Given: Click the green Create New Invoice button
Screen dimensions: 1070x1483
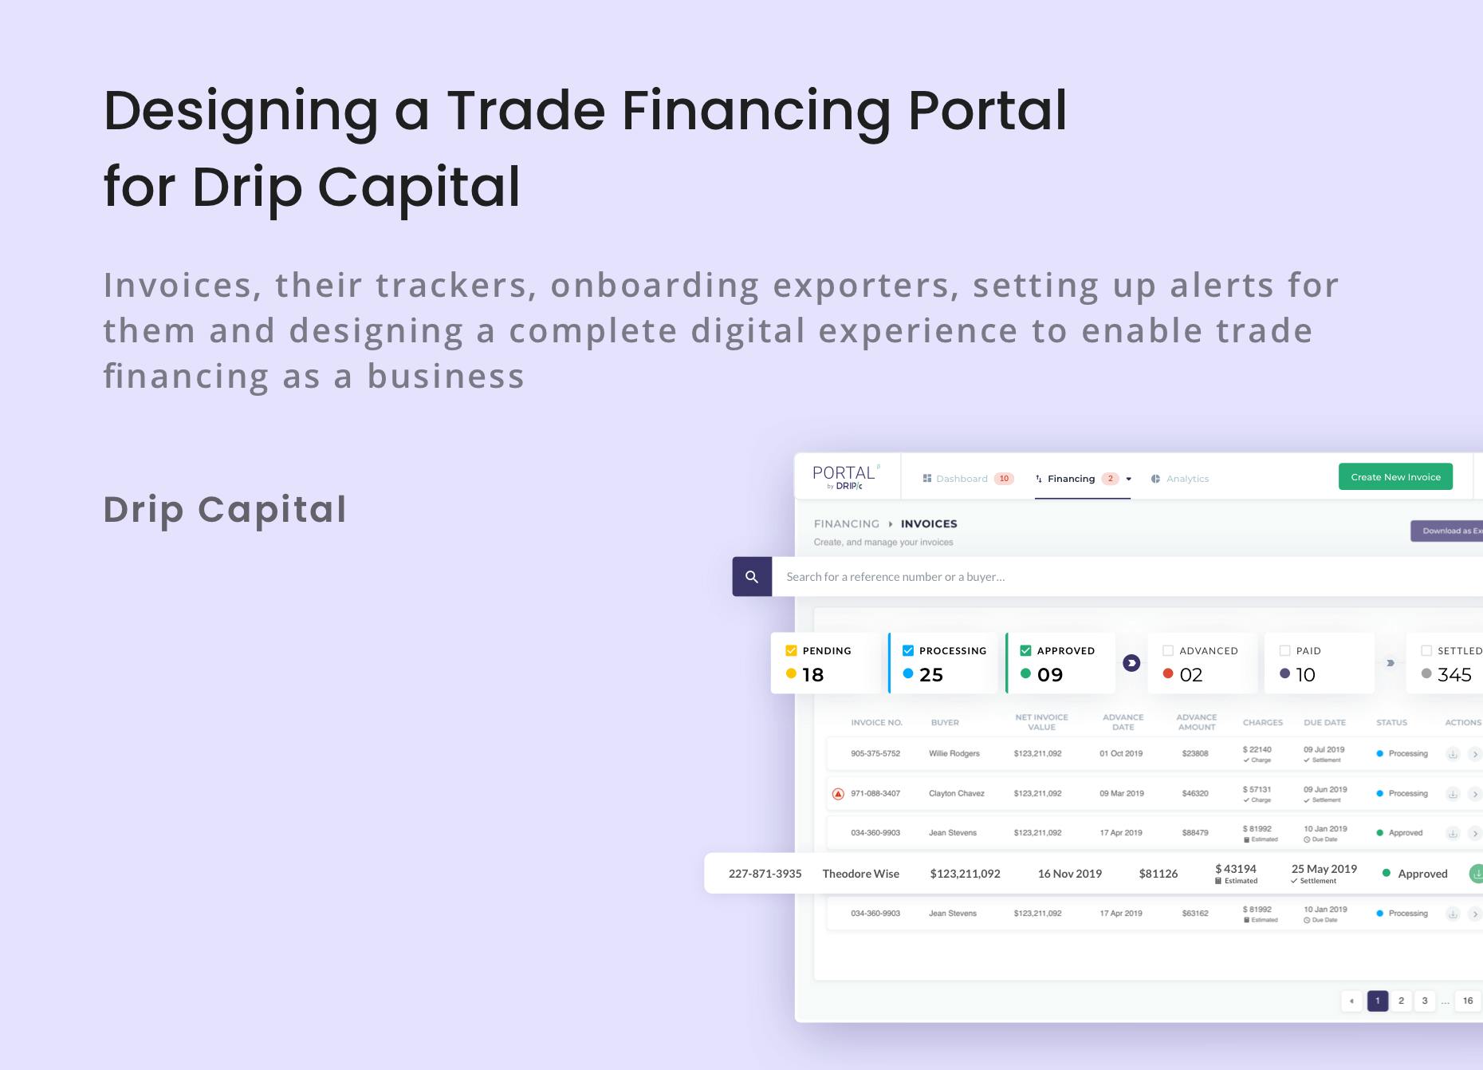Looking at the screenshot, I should pos(1395,477).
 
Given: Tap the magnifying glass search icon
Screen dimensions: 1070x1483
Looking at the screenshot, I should pos(751,577).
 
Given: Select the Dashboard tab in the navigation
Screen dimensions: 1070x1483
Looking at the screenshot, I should pos(961,479).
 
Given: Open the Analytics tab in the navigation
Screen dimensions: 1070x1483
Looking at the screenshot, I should pos(1186,479).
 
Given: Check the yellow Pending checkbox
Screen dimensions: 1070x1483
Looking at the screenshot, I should pos(791,650).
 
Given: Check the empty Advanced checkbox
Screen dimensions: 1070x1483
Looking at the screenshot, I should pos(1168,650).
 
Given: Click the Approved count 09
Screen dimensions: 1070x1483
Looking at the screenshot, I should pos(1049,675).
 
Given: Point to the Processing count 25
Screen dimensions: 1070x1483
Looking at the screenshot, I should pos(930,675).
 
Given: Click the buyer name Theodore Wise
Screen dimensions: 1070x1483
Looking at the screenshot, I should pos(860,874).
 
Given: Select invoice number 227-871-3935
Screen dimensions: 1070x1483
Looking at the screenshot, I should pos(765,874).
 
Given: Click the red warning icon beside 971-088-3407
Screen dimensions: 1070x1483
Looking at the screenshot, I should pos(838,794).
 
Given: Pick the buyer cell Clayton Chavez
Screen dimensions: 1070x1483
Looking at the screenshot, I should pos(956,793).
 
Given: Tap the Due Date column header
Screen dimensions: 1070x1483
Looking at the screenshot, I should pos(1324,722).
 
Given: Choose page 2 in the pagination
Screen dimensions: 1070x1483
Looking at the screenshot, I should pos(1401,1001).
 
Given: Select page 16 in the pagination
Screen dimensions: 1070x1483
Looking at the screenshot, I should pos(1468,1001).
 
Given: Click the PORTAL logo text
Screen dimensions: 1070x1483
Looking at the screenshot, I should pos(844,472).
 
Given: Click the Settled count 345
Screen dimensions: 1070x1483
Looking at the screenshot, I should pos(1453,675).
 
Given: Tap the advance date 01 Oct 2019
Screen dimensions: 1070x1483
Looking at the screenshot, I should pos(1120,753).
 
